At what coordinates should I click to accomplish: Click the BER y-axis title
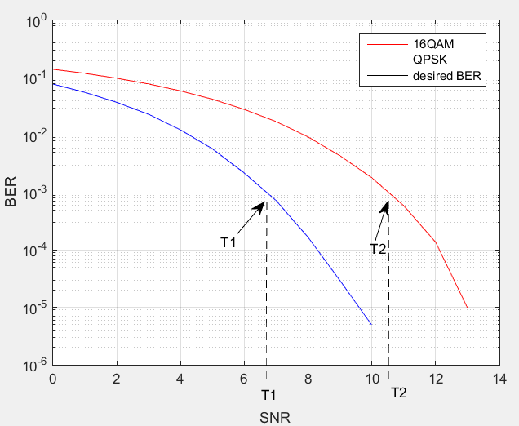11,193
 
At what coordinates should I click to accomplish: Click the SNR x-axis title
275,417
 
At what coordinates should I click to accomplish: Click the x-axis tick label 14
499,379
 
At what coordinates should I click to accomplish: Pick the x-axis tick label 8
308,379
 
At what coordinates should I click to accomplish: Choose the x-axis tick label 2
116,379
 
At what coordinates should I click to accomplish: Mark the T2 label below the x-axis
397,393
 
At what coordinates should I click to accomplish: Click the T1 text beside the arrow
228,242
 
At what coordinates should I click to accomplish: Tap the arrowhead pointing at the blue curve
264,203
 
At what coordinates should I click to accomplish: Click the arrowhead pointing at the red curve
385,205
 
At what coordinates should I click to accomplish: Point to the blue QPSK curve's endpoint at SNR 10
371,324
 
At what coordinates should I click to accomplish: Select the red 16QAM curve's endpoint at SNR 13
467,308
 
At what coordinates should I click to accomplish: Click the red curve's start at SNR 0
53,69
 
